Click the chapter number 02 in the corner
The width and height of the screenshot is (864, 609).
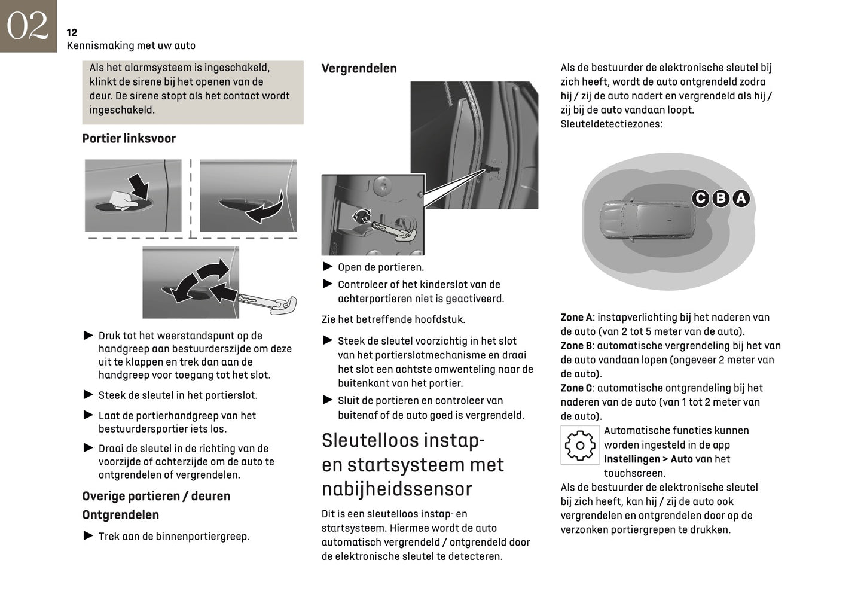(x=28, y=26)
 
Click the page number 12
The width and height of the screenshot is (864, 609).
(x=72, y=33)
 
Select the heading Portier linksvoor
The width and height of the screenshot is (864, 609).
(x=129, y=139)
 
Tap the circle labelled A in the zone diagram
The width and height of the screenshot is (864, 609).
(x=741, y=198)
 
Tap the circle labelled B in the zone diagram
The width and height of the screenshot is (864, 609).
(x=721, y=198)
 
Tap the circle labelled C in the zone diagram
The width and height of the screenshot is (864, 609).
(x=701, y=198)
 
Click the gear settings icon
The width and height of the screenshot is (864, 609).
(x=579, y=445)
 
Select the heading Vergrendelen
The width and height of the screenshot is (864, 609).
(x=359, y=69)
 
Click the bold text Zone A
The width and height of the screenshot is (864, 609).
(x=576, y=318)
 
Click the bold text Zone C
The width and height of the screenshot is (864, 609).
(x=576, y=388)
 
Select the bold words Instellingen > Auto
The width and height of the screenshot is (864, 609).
(x=648, y=459)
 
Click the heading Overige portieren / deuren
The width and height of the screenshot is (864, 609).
(x=156, y=497)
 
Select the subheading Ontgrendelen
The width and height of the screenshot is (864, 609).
(x=120, y=515)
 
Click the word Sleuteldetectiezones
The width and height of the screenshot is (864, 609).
(x=610, y=124)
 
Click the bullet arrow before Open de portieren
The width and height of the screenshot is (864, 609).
(x=327, y=267)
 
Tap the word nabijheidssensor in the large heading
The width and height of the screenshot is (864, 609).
(x=396, y=489)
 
